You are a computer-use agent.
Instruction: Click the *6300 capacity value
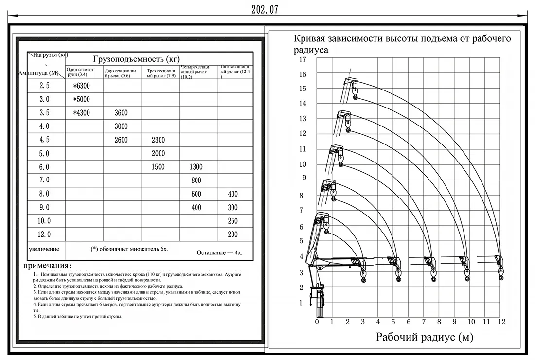(81, 86)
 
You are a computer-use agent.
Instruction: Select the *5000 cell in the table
(81, 99)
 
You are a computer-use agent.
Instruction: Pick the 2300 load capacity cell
(158, 140)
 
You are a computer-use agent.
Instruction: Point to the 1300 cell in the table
(196, 167)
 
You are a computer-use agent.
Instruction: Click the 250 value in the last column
(233, 221)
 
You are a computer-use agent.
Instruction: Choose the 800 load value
(196, 181)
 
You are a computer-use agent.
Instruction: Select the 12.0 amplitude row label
(44, 234)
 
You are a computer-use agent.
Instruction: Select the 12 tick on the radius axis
(501, 322)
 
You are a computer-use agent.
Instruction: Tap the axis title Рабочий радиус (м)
(424, 337)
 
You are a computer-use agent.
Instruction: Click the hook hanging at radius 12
(501, 277)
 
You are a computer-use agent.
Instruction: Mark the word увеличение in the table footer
(44, 249)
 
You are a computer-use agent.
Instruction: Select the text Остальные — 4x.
(219, 253)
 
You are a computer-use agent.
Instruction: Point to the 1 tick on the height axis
(301, 303)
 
